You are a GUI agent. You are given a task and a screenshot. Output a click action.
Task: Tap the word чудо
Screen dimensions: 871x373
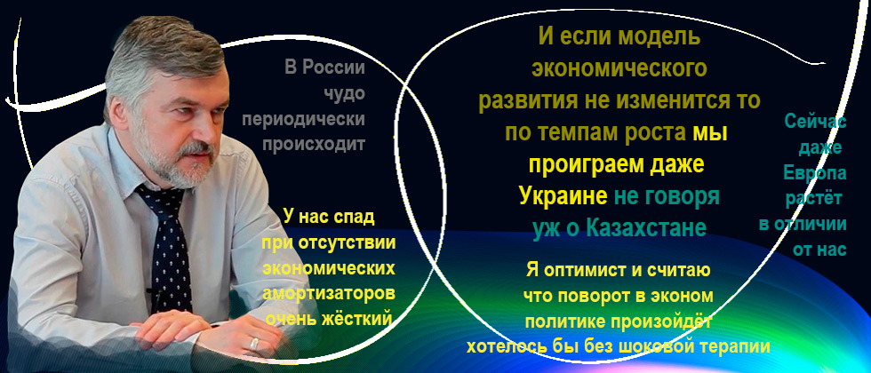345,94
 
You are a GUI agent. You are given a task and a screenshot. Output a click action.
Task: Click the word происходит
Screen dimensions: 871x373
313,145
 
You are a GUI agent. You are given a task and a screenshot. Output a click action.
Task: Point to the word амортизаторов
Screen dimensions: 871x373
329,294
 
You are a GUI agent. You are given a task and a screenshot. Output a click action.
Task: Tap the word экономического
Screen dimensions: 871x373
619,69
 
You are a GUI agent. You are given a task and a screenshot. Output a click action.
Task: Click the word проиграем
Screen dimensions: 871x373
580,165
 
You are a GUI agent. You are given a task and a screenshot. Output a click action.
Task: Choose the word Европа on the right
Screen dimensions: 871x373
815,174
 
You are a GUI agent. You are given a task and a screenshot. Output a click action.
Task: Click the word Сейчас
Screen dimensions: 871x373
816,122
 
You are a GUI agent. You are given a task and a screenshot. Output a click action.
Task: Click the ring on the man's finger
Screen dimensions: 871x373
254,344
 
